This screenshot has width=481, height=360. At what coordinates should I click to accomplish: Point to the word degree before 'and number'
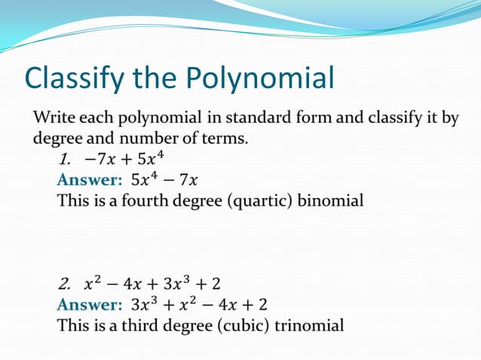55,139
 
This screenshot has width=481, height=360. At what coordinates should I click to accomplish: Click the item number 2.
66,284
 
